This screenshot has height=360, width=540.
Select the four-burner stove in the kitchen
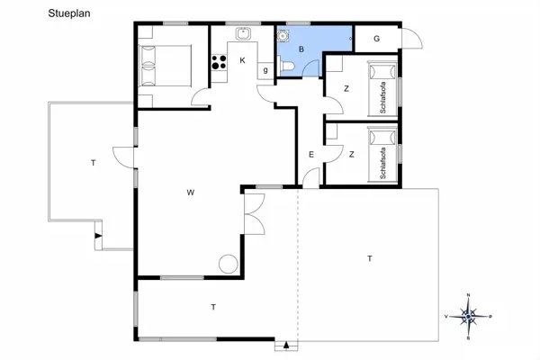pos(219,63)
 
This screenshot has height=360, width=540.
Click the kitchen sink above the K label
pos(242,34)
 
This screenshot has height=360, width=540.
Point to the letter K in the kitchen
pos(242,60)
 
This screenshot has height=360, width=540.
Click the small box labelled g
pos(265,69)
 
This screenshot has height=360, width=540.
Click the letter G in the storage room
pos(376,39)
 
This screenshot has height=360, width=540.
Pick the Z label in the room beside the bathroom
pos(346,88)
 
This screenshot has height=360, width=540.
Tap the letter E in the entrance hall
pos(310,155)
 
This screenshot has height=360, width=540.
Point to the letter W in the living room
pos(191,192)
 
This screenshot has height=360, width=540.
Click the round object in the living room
pos(229,264)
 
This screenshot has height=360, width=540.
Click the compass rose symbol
pos(469,316)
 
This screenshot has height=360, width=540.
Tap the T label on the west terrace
pos(93,163)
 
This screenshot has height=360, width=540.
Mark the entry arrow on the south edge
pos(286,345)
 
